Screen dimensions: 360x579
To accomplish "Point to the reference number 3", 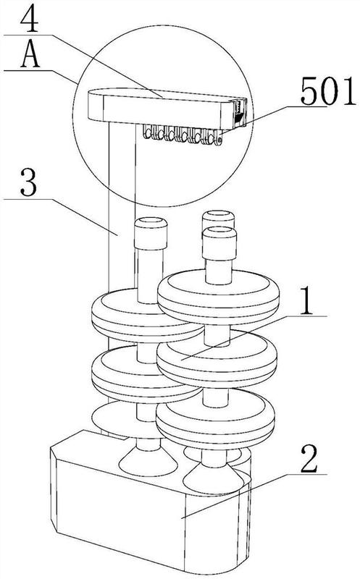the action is click(28, 182).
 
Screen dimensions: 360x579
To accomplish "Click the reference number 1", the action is click(306, 300).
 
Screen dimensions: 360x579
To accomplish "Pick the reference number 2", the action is click(309, 459).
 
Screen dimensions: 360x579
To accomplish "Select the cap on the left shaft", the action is click(151, 233).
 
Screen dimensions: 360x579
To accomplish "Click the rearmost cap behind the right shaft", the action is click(219, 219).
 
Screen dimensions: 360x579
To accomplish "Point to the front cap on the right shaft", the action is click(219, 243).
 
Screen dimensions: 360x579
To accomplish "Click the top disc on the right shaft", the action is click(219, 294).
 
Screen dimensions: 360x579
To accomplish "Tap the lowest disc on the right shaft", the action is click(215, 419).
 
